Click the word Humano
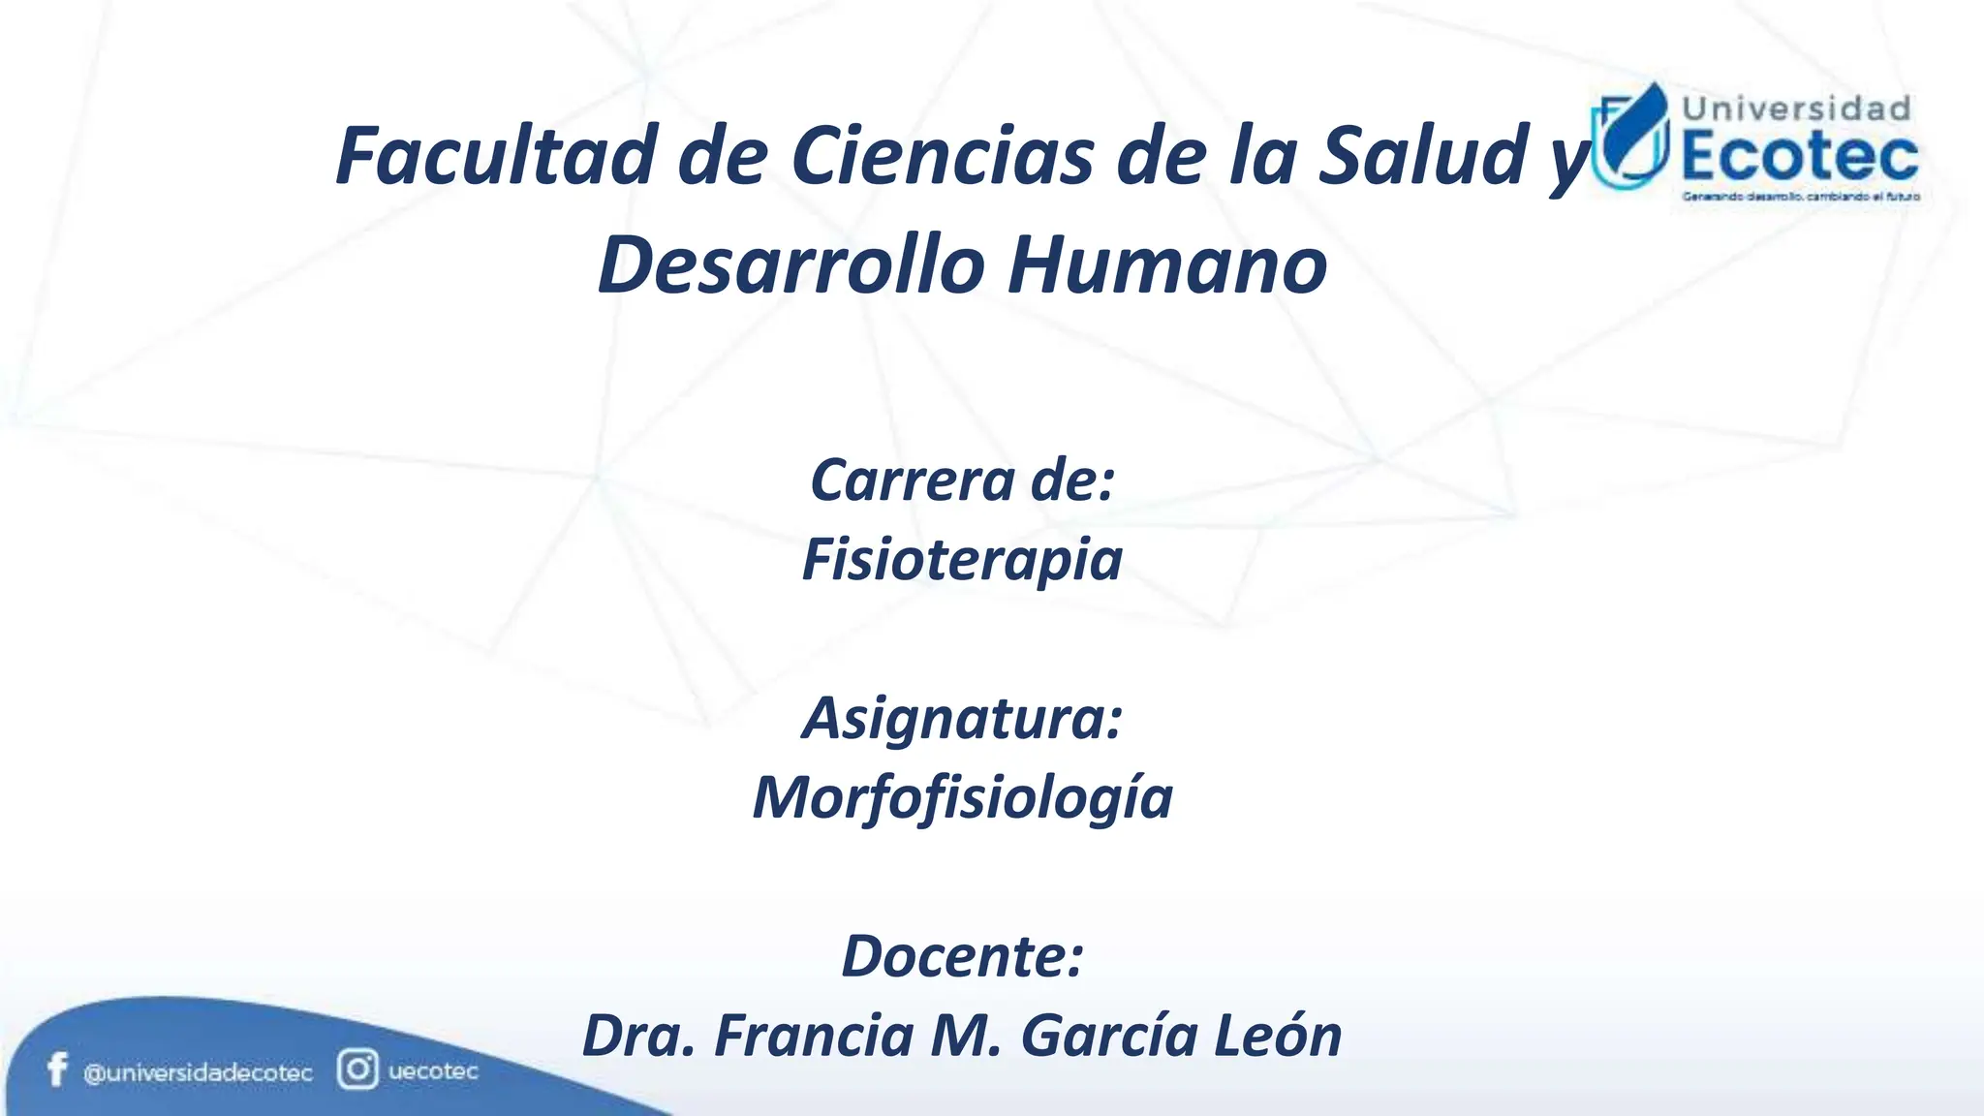pos(1167,265)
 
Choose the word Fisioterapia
pos(962,559)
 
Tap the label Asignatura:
pos(962,719)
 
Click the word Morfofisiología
pos(962,798)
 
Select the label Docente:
pos(962,956)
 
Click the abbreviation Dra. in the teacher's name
pos(638,1036)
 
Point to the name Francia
pos(815,1036)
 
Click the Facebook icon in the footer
pos(57,1070)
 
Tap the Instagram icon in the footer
pos(357,1070)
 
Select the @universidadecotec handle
pos(198,1073)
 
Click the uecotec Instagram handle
pos(433,1071)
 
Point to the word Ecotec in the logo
pos(1800,158)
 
